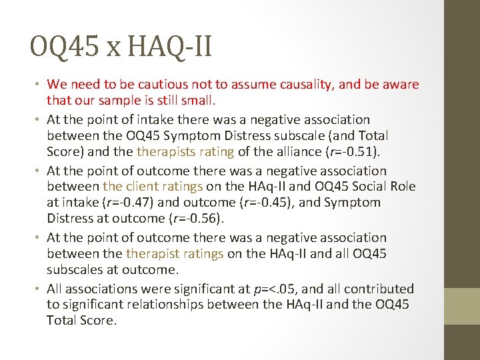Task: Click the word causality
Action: point(289,85)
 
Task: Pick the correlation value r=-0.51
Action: point(361,152)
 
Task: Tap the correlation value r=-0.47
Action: point(129,203)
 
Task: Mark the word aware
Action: point(400,85)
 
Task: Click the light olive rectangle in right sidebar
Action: point(462,306)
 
